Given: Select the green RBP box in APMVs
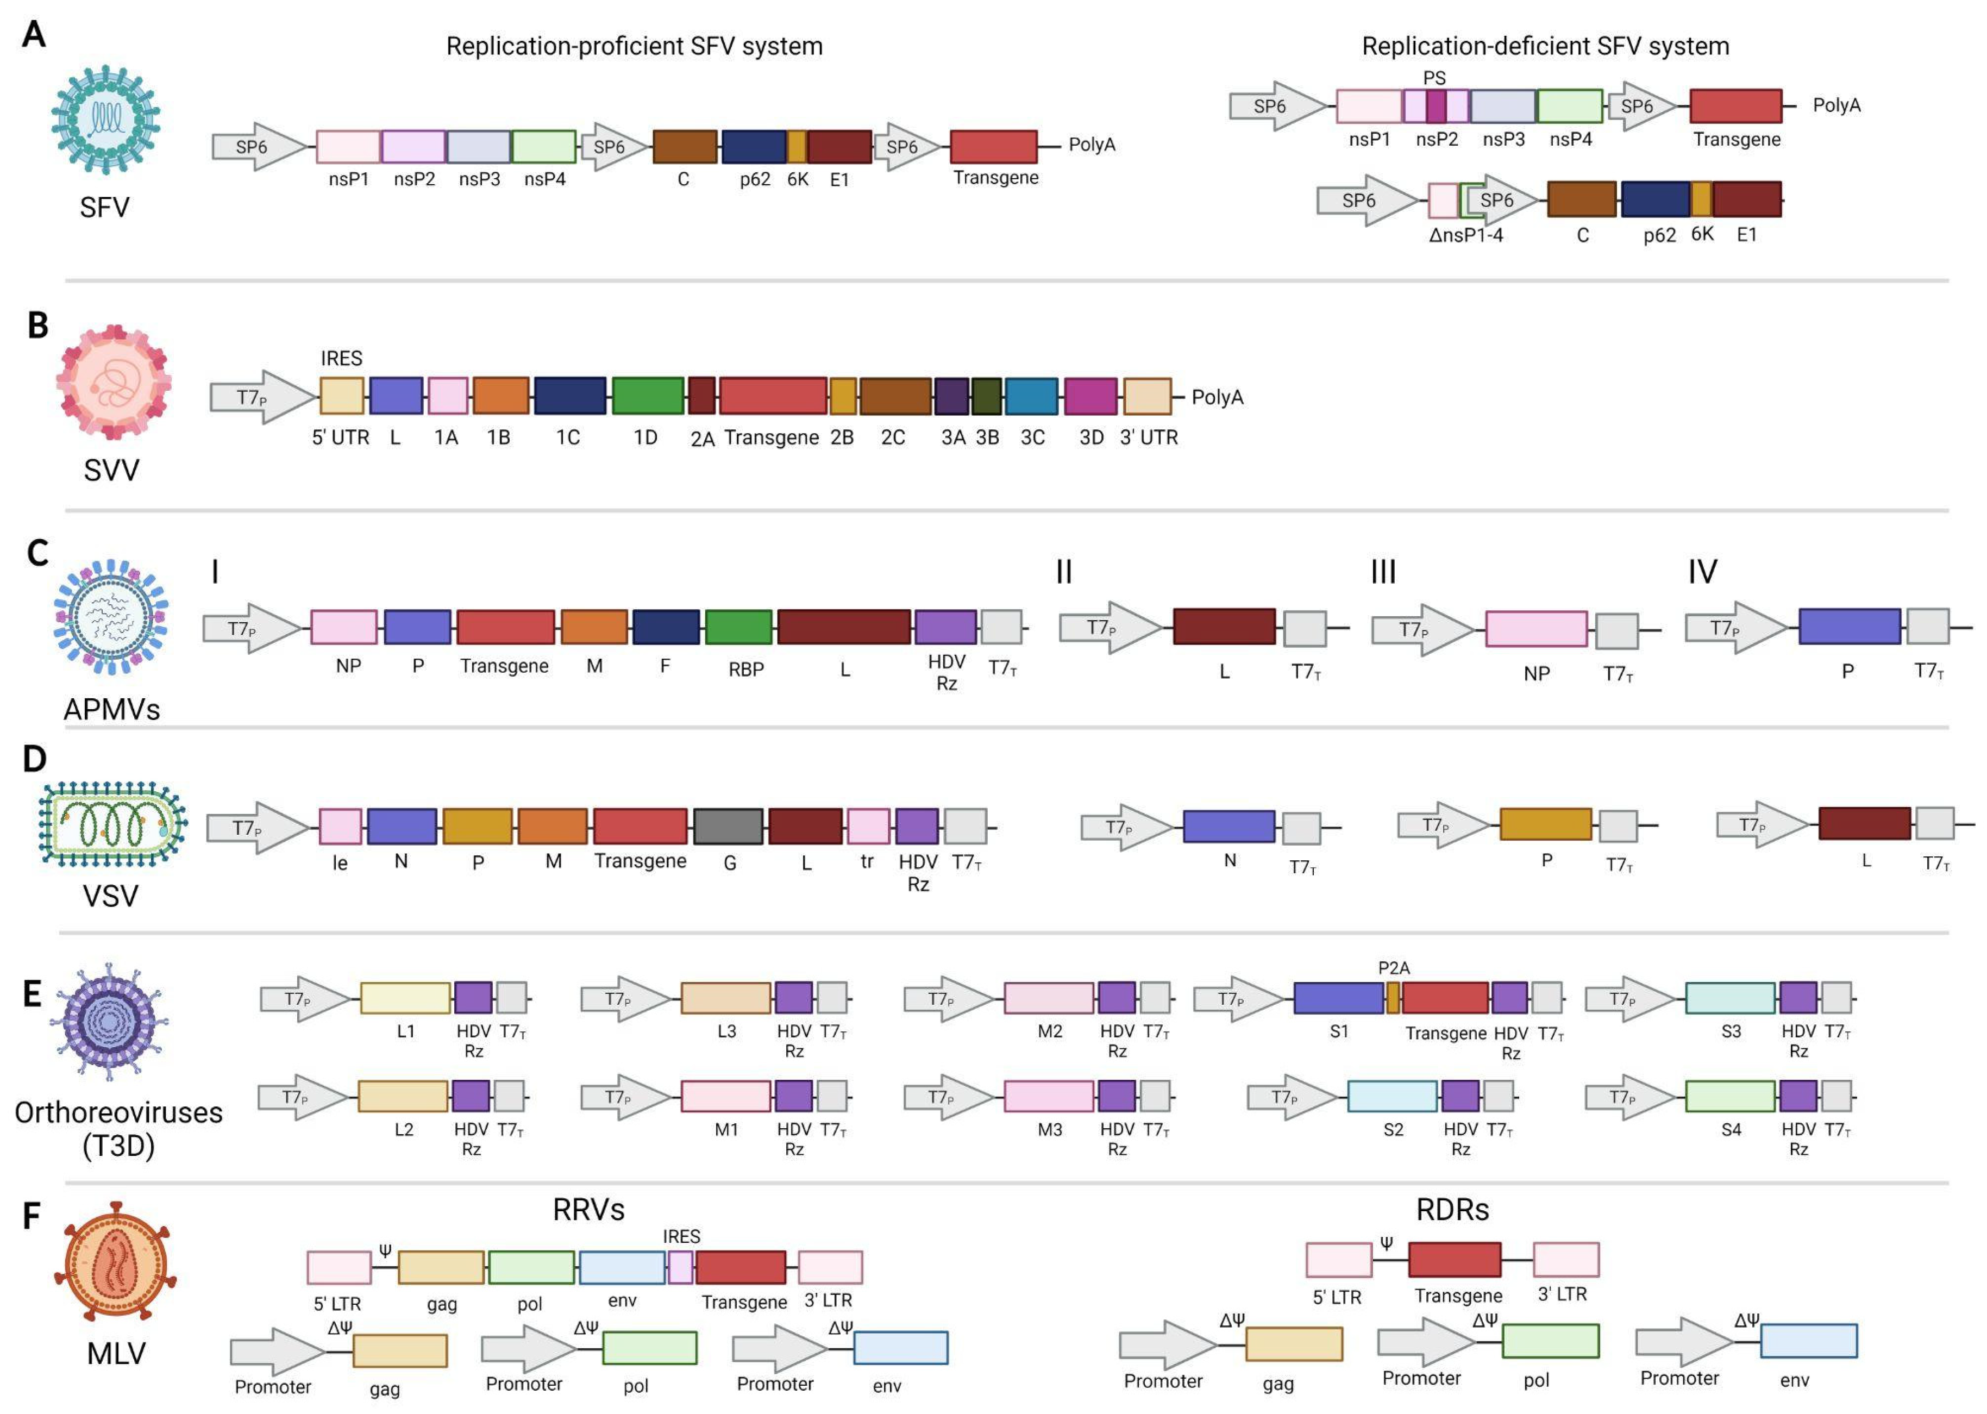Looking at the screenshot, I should [738, 627].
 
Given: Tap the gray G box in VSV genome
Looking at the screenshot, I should [729, 827].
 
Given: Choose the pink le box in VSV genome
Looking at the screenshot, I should [340, 827].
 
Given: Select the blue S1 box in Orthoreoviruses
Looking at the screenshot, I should [1339, 998].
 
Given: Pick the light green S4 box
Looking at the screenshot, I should [1729, 1096].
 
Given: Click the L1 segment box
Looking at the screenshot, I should [405, 998].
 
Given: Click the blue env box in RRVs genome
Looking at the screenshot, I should [622, 1268].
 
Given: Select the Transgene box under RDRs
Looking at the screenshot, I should [1455, 1260].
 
